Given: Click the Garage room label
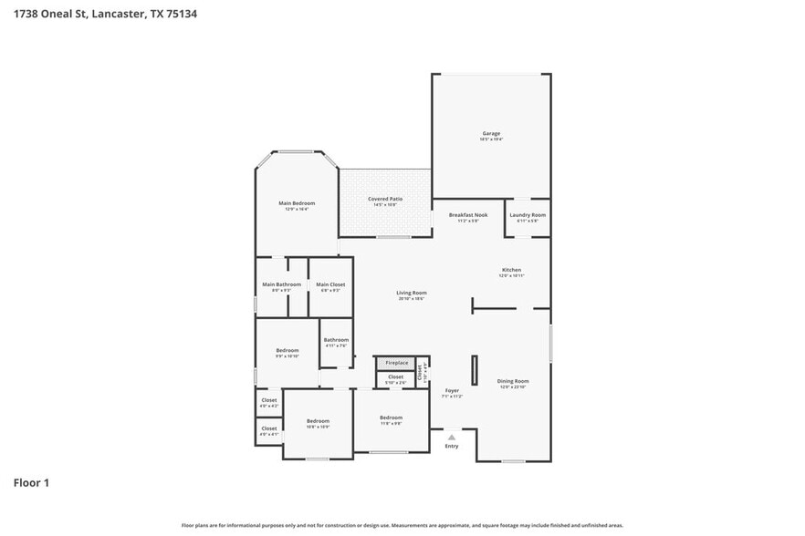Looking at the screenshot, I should click(491, 134).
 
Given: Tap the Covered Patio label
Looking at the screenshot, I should click(385, 199).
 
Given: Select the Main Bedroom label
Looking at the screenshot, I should click(297, 202).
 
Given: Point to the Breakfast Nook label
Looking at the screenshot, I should click(468, 215).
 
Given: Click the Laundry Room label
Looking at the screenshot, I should click(528, 215).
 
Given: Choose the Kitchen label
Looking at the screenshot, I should click(511, 271).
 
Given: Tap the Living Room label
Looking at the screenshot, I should click(412, 294).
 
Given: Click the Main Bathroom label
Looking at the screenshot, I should click(281, 285).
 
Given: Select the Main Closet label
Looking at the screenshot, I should click(330, 285).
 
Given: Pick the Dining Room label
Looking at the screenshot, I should click(513, 381).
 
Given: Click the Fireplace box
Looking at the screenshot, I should click(396, 363).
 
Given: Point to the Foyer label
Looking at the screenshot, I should click(452, 392).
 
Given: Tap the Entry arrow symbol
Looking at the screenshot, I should click(451, 437).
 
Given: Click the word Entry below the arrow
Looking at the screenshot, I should click(451, 446).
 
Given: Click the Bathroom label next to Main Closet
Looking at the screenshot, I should click(336, 340).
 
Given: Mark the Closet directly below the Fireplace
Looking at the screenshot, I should click(395, 377).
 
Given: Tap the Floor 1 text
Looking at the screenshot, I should click(30, 482).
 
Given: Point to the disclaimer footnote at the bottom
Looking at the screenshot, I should click(402, 525).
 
